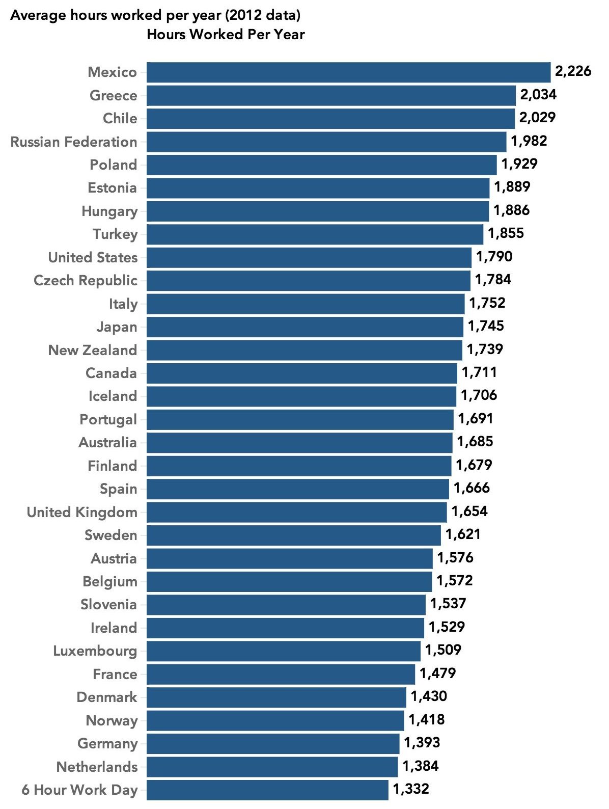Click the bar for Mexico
(x=348, y=72)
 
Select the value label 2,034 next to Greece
(x=538, y=95)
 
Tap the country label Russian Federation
(x=74, y=142)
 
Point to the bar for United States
(x=309, y=257)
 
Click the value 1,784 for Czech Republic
(x=493, y=280)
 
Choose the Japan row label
(x=117, y=327)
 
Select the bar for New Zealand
(x=304, y=350)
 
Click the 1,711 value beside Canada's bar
(x=479, y=372)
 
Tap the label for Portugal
(x=108, y=419)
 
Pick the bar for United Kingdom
(x=296, y=512)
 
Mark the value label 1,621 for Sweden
(x=463, y=534)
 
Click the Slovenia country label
(x=108, y=605)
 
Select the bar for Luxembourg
(x=283, y=651)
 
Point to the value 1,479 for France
(x=437, y=673)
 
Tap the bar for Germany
(x=272, y=743)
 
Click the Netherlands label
(x=97, y=767)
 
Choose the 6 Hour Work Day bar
(x=267, y=790)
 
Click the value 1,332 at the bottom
(x=411, y=789)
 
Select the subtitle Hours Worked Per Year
(x=226, y=35)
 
